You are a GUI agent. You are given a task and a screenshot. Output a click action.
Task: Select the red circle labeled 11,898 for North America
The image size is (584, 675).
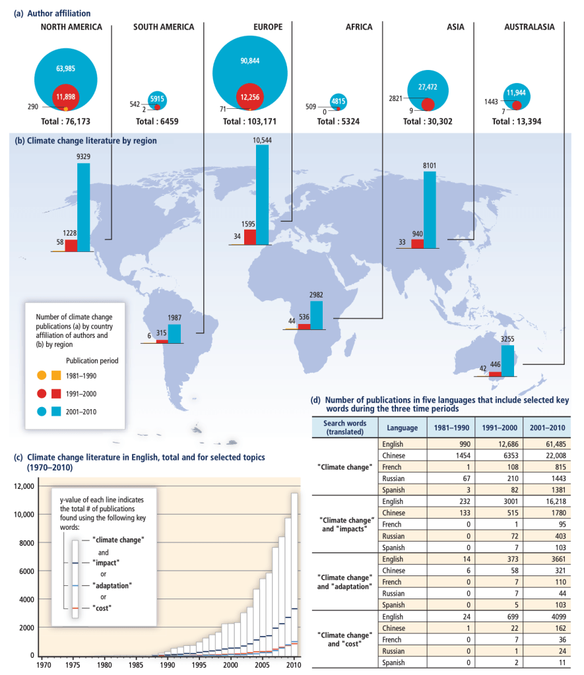point(65,96)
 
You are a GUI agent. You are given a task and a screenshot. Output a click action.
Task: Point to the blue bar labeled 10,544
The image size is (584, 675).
point(262,195)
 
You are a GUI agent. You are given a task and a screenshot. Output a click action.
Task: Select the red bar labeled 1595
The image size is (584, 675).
point(249,237)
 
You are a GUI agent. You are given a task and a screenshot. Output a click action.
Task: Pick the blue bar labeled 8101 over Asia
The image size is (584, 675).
point(430,210)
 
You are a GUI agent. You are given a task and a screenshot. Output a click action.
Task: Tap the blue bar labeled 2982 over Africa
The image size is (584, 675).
point(317,315)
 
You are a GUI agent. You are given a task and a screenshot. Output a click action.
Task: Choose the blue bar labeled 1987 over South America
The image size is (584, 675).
point(174,333)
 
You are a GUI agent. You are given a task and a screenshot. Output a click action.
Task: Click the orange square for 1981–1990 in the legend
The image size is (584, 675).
point(56,375)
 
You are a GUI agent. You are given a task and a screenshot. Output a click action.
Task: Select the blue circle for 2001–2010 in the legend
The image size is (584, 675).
point(41,411)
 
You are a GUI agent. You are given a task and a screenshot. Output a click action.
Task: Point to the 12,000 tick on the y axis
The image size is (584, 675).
point(22,486)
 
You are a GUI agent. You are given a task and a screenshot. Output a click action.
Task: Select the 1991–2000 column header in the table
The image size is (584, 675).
point(495,428)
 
